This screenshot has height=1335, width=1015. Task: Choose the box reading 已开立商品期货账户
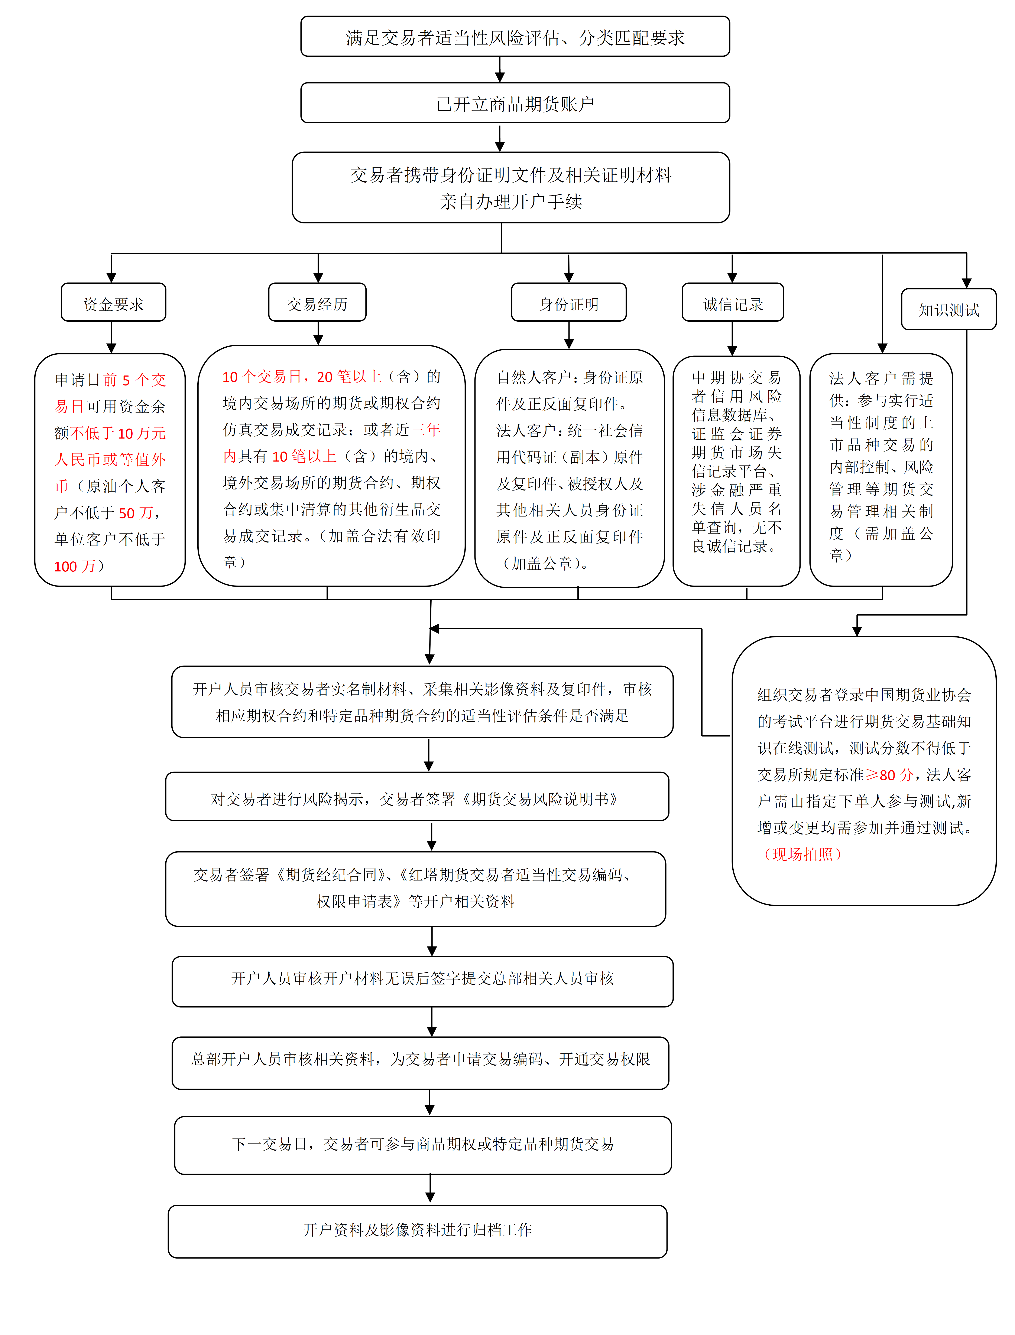pyautogui.click(x=515, y=103)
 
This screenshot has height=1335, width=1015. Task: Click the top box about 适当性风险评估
pyautogui.click(x=515, y=37)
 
